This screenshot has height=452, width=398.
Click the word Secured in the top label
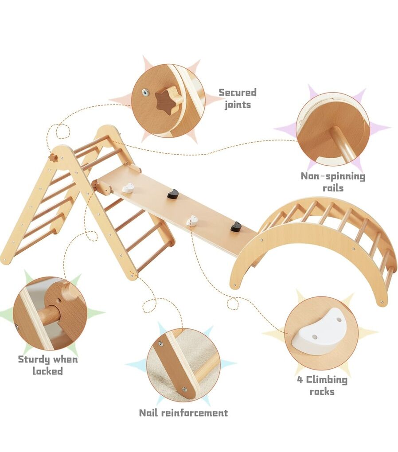pyautogui.click(x=238, y=93)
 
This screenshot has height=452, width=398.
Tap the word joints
pyautogui.click(x=238, y=105)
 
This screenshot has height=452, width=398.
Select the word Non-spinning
pyautogui.click(x=333, y=176)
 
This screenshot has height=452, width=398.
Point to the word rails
pyautogui.click(x=333, y=188)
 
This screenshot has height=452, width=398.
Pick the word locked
pyautogui.click(x=47, y=371)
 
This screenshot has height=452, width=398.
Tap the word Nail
pyautogui.click(x=148, y=413)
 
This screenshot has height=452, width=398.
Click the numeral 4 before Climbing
pyautogui.click(x=300, y=380)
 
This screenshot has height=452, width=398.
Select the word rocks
pyautogui.click(x=322, y=392)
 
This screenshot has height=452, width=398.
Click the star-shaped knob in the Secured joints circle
pyautogui.click(x=168, y=99)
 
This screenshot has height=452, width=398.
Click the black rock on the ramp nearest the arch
pyautogui.click(x=236, y=226)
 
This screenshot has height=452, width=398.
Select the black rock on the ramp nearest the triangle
pyautogui.click(x=173, y=194)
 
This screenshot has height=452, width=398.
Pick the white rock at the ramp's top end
pyautogui.click(x=128, y=188)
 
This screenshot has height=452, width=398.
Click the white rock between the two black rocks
pyautogui.click(x=192, y=220)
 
